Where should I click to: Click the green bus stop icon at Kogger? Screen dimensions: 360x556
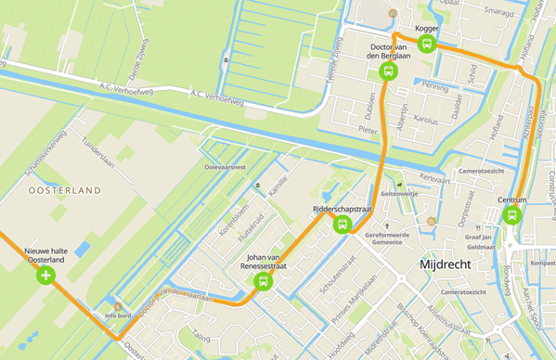[427, 45]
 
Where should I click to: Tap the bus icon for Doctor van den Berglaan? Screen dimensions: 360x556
[388, 71]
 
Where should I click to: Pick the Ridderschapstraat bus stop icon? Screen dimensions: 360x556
[342, 225]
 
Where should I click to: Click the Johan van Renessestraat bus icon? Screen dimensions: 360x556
[264, 280]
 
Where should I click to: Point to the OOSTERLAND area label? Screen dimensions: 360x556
[64, 190]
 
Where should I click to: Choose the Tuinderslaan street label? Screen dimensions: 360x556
[97, 150]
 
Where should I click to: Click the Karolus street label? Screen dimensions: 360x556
[425, 120]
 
